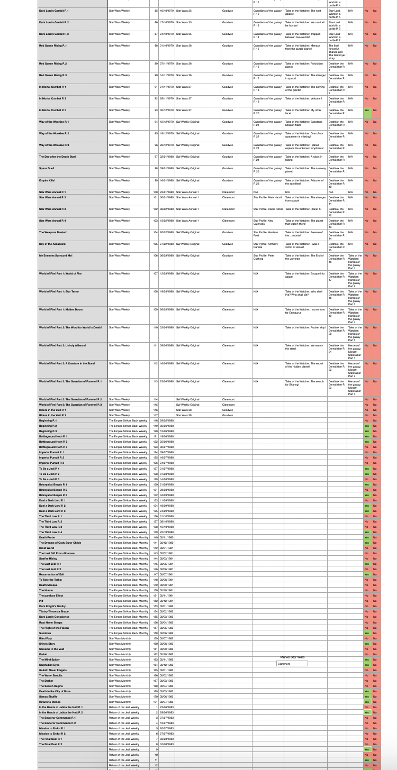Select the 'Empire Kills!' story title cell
[48, 180]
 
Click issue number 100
[156, 192]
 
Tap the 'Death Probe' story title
[47, 537]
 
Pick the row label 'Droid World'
[47, 548]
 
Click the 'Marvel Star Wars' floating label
[292, 657]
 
